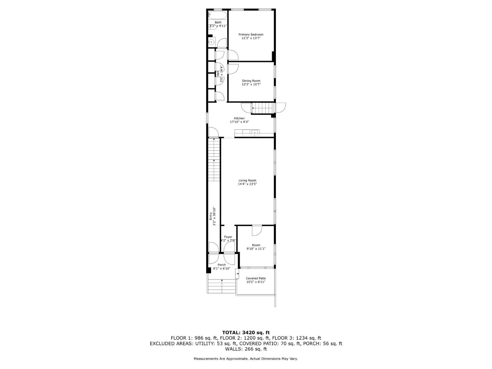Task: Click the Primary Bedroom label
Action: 251,34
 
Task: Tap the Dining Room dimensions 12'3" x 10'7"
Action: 251,84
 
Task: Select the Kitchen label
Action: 239,118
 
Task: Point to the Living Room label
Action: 247,181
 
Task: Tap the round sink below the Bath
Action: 211,42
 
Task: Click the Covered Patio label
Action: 256,278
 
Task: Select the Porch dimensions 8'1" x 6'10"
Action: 222,268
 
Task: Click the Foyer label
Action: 228,237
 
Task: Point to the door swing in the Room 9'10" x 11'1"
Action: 257,230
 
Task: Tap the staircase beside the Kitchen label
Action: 263,108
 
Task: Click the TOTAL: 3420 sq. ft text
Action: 246,332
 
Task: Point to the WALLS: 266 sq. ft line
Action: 246,349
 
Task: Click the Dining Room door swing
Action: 233,69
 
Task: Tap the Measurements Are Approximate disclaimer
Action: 246,359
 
